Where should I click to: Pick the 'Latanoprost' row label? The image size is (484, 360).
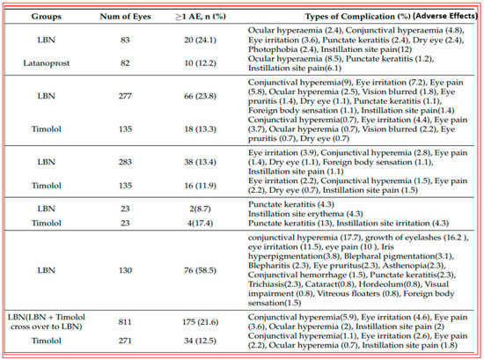click(x=55, y=62)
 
